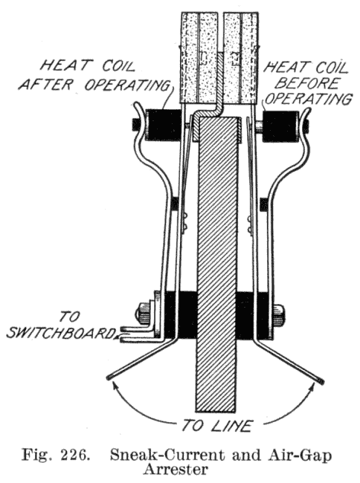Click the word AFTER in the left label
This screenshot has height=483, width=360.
click(x=46, y=84)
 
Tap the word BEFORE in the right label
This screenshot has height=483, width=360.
click(x=309, y=83)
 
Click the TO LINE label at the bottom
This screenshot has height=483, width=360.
click(x=216, y=426)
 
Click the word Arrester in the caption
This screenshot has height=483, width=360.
click(x=176, y=470)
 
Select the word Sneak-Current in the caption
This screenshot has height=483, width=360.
click(x=168, y=456)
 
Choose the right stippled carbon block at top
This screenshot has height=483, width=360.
click(x=241, y=57)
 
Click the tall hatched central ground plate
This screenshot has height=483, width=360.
click(x=218, y=265)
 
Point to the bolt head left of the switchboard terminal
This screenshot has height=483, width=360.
click(x=142, y=314)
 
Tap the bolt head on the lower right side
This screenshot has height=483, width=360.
click(x=279, y=315)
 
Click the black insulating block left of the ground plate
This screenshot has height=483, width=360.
click(x=181, y=315)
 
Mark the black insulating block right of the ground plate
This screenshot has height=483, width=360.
click(x=254, y=315)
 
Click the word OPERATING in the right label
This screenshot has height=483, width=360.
click(x=309, y=99)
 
